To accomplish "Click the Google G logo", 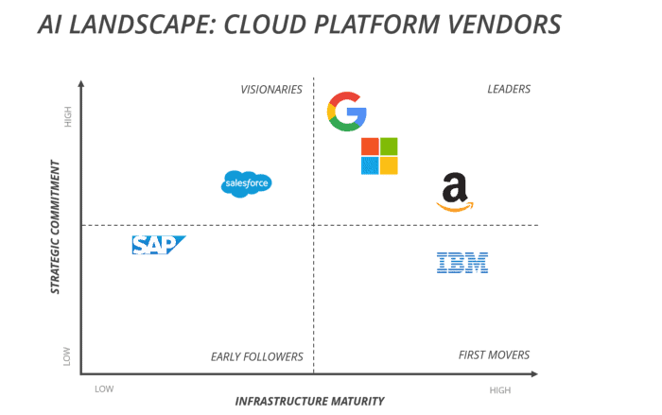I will [346, 112].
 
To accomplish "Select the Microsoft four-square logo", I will [379, 156].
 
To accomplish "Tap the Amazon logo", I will [455, 193].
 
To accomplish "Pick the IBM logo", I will [462, 262].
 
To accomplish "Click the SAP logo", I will [158, 245].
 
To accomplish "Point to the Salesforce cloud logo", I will [246, 182].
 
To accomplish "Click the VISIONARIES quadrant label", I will [271, 90].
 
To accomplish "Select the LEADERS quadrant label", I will [509, 90].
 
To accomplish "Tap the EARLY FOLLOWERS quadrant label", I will [256, 356].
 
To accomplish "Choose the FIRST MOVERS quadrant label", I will [494, 355].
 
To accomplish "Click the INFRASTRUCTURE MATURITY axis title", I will [310, 401].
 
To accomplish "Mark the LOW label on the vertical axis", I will [67, 356].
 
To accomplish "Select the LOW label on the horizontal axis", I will [104, 389].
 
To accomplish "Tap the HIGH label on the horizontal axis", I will [500, 389].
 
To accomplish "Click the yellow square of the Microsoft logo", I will [389, 165].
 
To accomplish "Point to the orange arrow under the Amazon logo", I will [455, 207].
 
